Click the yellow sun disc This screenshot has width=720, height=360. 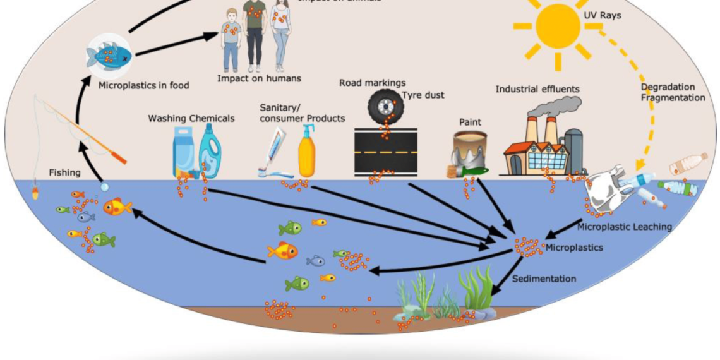click(x=557, y=26)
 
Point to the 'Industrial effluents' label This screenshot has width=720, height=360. click(x=537, y=89)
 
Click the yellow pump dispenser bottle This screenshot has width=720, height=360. click(x=307, y=152)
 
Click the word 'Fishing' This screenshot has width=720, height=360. click(x=65, y=172)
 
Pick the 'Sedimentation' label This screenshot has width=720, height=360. click(x=544, y=279)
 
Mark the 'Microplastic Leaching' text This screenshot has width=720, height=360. click(x=624, y=226)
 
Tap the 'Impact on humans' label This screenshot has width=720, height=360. click(x=259, y=78)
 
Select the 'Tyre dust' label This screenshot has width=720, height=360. click(x=423, y=95)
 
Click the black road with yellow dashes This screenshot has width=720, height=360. click(x=385, y=152)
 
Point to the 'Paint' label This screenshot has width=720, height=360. click(x=470, y=122)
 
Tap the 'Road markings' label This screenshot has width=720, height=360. click(x=372, y=83)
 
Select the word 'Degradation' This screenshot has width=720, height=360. click(x=667, y=87)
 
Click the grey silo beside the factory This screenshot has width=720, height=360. click(x=573, y=152)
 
